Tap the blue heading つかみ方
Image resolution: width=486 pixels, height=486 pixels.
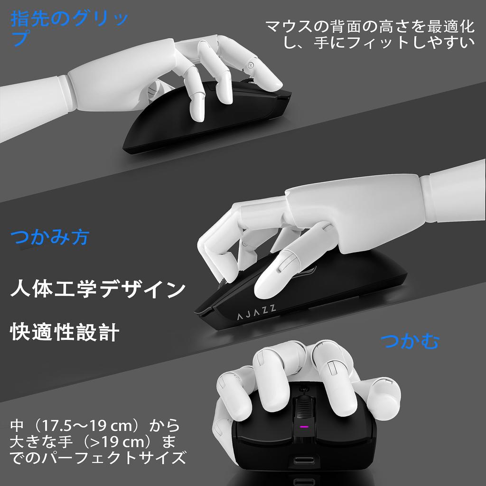point(50,236)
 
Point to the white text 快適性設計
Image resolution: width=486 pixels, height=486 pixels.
point(64,332)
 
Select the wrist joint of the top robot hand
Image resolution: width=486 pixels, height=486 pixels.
point(154,90)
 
